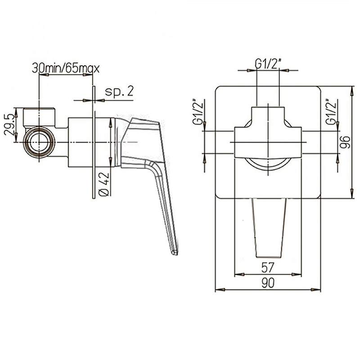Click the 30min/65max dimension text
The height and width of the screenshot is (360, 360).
click(x=66, y=68)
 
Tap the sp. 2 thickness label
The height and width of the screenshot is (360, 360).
click(x=119, y=91)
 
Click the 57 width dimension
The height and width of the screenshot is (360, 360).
click(x=268, y=267)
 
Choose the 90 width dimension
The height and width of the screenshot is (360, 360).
click(x=268, y=283)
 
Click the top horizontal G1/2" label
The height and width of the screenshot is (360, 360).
click(x=268, y=63)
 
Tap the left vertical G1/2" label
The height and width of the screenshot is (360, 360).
click(x=198, y=112)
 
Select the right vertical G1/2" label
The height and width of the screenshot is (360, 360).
click(x=331, y=112)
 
